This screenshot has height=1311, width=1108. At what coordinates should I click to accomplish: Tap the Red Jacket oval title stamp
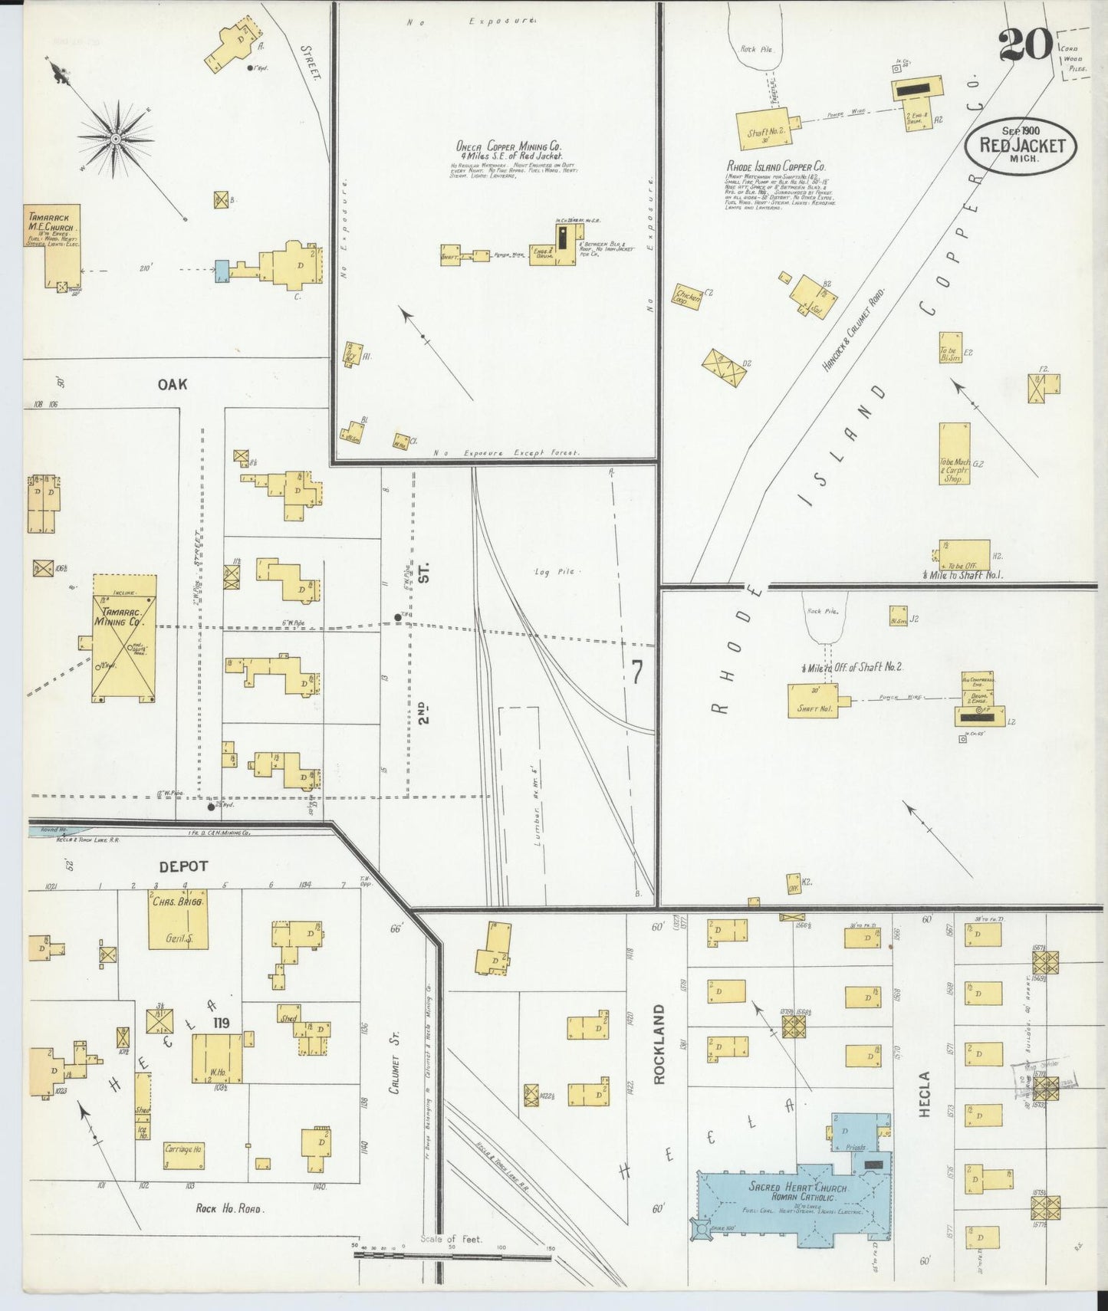(x=1021, y=144)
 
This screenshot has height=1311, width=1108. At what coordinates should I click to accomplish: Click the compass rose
(x=115, y=139)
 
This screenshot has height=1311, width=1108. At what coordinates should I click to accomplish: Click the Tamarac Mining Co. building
(x=124, y=638)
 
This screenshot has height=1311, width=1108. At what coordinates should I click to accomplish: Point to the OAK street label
(x=173, y=384)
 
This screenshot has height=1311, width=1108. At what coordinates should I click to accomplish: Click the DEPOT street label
(x=183, y=866)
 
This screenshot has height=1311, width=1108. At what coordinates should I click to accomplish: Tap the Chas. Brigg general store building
(x=178, y=919)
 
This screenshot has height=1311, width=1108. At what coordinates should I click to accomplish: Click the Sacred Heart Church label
(x=797, y=1189)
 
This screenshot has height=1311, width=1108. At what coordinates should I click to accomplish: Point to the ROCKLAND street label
(x=659, y=1044)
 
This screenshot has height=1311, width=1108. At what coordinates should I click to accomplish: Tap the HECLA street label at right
(x=924, y=1094)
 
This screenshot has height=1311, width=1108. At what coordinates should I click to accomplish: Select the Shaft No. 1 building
(x=812, y=701)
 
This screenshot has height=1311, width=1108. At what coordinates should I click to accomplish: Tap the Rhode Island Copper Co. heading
(x=776, y=166)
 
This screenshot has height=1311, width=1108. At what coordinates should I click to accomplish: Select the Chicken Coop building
(x=688, y=297)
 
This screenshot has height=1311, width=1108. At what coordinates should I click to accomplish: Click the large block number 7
(x=637, y=672)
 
